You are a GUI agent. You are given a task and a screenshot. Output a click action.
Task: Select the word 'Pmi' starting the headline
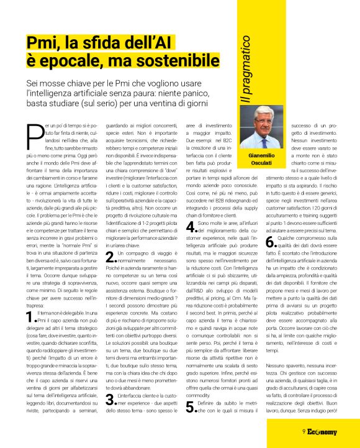tap(43, 42)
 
